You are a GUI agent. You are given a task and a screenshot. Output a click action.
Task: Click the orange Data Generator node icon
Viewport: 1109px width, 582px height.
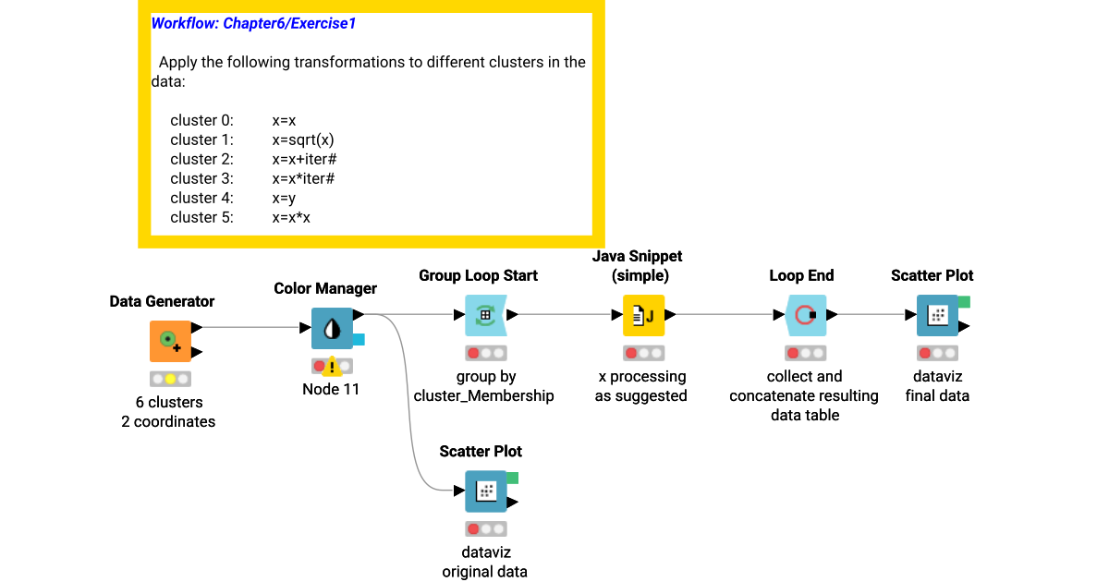pyautogui.click(x=170, y=341)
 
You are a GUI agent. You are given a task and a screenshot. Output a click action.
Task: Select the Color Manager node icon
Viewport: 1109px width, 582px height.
pyautogui.click(x=331, y=329)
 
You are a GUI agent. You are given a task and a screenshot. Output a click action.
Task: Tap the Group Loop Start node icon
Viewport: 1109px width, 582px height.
pyautogui.click(x=485, y=315)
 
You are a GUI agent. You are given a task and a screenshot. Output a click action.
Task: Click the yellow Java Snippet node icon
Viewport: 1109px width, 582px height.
pyautogui.click(x=644, y=315)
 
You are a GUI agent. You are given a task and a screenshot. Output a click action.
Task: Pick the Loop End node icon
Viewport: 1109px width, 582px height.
pyautogui.click(x=804, y=315)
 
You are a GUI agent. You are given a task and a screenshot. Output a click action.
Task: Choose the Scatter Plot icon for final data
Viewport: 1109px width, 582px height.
pyautogui.click(x=937, y=315)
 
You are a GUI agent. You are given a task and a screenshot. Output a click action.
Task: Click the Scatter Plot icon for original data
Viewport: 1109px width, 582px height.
pyautogui.click(x=485, y=491)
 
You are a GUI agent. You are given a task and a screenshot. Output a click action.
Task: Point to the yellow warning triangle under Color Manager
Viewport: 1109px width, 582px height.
pyautogui.click(x=332, y=367)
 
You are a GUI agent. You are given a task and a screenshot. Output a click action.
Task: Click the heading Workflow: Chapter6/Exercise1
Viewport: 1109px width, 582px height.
pyautogui.click(x=253, y=24)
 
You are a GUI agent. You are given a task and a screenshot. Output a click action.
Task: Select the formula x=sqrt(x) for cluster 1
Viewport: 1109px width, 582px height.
pyautogui.click(x=303, y=139)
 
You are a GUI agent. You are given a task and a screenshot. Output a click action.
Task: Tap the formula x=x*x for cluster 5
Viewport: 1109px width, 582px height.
pyautogui.click(x=291, y=217)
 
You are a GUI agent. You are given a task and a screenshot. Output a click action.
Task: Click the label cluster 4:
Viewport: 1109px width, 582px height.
pyautogui.click(x=201, y=198)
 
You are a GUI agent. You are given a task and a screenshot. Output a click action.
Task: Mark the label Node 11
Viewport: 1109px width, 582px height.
pyautogui.click(x=331, y=389)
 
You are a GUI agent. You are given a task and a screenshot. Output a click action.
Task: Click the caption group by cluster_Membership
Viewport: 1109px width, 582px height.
pyautogui.click(x=485, y=386)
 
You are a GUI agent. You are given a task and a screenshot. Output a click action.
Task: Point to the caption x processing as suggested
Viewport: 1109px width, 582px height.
pyautogui.click(x=643, y=386)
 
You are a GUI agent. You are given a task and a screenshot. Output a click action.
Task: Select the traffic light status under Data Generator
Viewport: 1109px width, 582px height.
pyautogui.click(x=170, y=379)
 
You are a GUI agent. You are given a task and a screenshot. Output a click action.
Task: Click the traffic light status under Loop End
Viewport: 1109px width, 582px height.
pyautogui.click(x=804, y=353)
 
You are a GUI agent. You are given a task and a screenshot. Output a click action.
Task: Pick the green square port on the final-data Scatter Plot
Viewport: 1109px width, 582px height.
pyautogui.click(x=964, y=301)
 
